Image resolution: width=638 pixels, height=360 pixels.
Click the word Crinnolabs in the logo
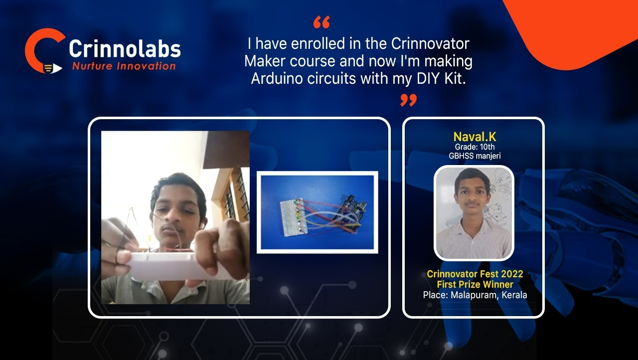(x=125, y=49)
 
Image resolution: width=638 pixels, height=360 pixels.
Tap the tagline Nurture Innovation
(x=124, y=66)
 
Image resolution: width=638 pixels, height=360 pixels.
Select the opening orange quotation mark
(x=321, y=22)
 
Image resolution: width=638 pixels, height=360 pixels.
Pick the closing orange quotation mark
(x=408, y=100)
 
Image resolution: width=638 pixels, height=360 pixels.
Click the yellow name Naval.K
(x=475, y=137)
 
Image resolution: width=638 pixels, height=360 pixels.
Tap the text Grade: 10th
(x=475, y=147)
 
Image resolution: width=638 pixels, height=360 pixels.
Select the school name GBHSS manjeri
(x=475, y=156)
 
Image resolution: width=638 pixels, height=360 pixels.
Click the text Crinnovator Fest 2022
(x=475, y=274)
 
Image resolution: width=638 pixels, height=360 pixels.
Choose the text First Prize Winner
(x=475, y=284)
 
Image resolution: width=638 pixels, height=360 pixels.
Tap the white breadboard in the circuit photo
(x=294, y=217)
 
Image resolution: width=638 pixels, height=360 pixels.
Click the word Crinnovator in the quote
(x=430, y=43)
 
